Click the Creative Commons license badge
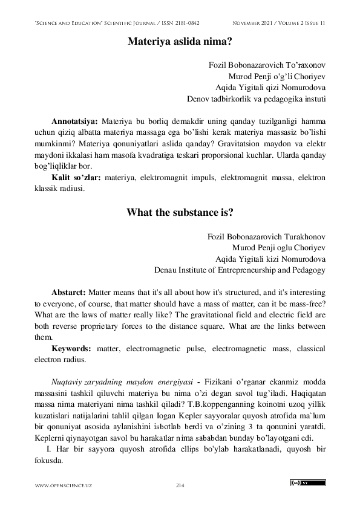point(308,483)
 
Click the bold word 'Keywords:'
point(71,349)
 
